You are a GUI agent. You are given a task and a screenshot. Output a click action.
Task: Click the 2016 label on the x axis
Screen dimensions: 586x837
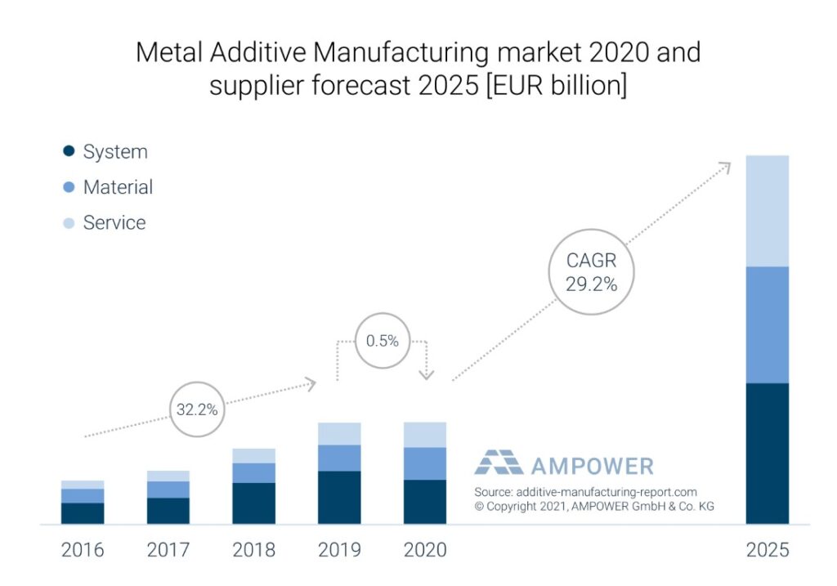tap(83, 549)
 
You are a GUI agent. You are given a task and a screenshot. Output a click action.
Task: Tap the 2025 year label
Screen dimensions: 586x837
tap(768, 549)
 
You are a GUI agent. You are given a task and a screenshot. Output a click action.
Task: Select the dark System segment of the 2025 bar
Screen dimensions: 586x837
tap(768, 453)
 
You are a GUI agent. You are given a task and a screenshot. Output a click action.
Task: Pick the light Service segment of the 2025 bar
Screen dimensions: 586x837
tap(768, 210)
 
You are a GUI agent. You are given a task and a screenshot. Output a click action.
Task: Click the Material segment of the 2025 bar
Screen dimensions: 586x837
tap(768, 324)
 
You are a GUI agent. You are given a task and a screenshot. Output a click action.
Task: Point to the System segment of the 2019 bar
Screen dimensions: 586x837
tap(339, 497)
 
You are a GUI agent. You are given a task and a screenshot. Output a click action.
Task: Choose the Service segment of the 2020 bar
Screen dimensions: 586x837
tap(425, 435)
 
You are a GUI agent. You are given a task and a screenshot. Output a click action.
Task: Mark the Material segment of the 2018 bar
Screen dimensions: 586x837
tap(253, 472)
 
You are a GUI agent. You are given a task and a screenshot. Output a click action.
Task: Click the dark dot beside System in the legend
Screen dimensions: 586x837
tap(69, 151)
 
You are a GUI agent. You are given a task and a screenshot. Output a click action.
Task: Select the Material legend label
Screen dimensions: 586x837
tap(118, 187)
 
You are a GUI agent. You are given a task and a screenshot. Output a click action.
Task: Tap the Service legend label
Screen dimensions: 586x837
tap(114, 222)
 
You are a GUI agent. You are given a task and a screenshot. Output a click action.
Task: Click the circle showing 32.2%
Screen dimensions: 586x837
tap(197, 409)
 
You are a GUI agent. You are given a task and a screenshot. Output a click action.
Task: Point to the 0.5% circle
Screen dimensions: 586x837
tap(382, 341)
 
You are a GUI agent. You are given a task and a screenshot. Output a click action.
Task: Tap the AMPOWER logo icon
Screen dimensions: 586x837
tap(499, 464)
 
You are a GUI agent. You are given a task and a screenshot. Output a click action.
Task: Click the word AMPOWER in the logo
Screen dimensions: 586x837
tap(592, 466)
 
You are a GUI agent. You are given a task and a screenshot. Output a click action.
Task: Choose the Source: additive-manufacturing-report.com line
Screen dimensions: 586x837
tap(585, 492)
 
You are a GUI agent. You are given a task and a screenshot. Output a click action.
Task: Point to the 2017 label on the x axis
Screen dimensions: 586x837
tap(168, 549)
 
